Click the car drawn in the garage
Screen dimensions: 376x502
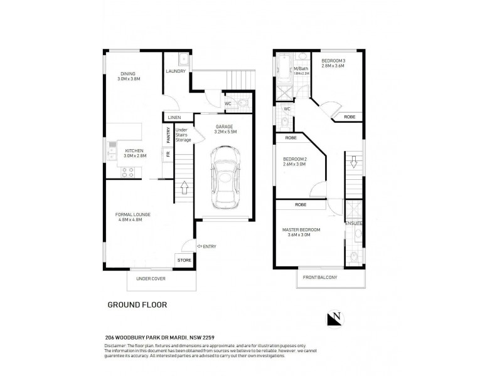click(225, 177)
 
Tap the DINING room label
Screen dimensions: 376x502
click(128, 76)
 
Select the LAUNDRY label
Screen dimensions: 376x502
click(176, 71)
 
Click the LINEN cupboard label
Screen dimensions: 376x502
click(174, 117)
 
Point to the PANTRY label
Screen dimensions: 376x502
click(168, 134)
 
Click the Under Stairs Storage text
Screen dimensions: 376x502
click(183, 135)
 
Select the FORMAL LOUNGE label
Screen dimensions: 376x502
click(133, 217)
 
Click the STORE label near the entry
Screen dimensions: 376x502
click(183, 260)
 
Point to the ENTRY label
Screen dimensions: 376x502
click(209, 246)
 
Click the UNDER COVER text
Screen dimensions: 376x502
click(151, 278)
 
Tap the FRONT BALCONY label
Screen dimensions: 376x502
click(320, 276)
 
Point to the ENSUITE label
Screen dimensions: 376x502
click(353, 223)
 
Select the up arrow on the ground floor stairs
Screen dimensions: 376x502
click(184, 187)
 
